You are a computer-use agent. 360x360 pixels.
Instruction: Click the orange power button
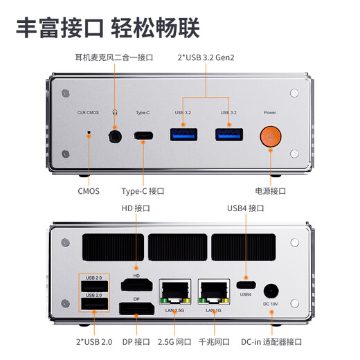click(x=270, y=136)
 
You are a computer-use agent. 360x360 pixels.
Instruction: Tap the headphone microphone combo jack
click(x=116, y=136)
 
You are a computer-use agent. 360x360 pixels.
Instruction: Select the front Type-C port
click(x=144, y=136)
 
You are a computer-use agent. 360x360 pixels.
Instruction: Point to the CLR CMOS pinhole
click(x=88, y=136)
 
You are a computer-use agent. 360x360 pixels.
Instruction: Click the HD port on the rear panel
click(x=137, y=285)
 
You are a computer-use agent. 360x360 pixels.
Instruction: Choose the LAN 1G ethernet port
click(x=214, y=292)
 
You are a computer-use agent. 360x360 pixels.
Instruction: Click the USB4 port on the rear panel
click(x=245, y=284)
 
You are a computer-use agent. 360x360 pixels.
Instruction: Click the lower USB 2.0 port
click(x=93, y=305)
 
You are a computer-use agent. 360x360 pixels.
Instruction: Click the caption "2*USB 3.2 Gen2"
click(x=206, y=57)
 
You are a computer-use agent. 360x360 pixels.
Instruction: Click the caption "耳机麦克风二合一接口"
click(x=114, y=57)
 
